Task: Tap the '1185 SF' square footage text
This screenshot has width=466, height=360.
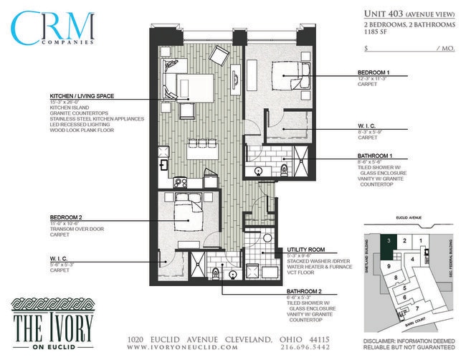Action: point(381,33)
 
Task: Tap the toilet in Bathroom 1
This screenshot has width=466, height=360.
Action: point(285,170)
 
